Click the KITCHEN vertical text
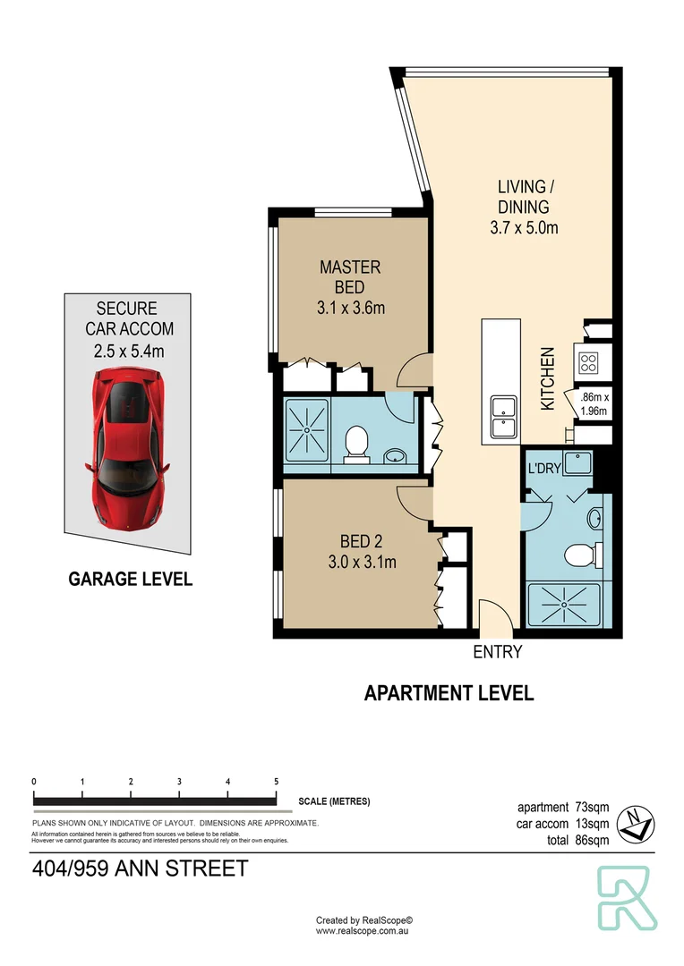tap(547, 379)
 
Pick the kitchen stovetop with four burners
tap(589, 363)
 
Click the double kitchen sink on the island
tap(502, 416)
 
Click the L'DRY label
tap(543, 469)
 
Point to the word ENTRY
tap(497, 652)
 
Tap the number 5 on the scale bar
tap(276, 782)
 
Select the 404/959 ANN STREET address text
tap(139, 869)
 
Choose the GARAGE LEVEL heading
tap(131, 580)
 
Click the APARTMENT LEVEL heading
tap(449, 693)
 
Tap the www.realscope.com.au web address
tap(363, 931)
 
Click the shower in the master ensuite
tap(307, 430)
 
